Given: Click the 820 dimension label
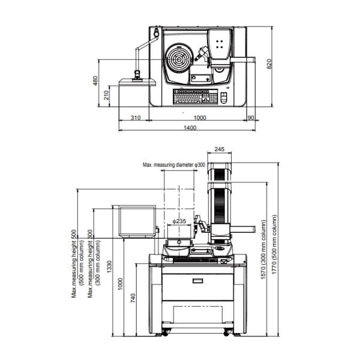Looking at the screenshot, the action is (269, 64).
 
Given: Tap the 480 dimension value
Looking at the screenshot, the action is (95, 80).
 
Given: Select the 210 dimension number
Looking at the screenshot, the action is (106, 95).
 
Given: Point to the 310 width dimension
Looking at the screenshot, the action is (136, 118).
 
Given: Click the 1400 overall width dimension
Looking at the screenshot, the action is (190, 128).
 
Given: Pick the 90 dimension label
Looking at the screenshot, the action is (251, 118).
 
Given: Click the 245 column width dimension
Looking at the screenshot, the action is (219, 149).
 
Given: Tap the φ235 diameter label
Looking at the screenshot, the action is (179, 221).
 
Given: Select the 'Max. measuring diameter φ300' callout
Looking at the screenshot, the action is (174, 165).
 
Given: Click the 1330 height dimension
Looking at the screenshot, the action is (109, 266).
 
